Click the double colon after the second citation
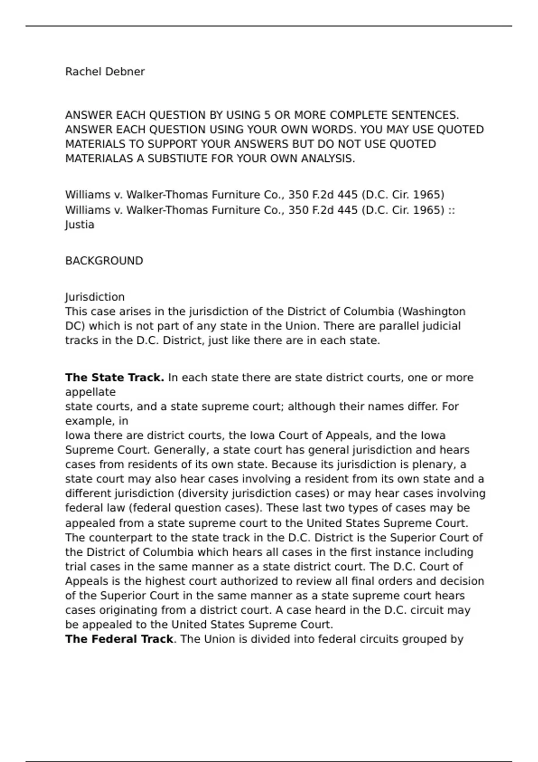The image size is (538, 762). [451, 210]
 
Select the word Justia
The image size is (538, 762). [80, 225]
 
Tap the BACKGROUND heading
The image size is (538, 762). [104, 261]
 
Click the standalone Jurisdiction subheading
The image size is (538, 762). [95, 297]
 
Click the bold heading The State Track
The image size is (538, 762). [114, 377]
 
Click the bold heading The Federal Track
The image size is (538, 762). [119, 639]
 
